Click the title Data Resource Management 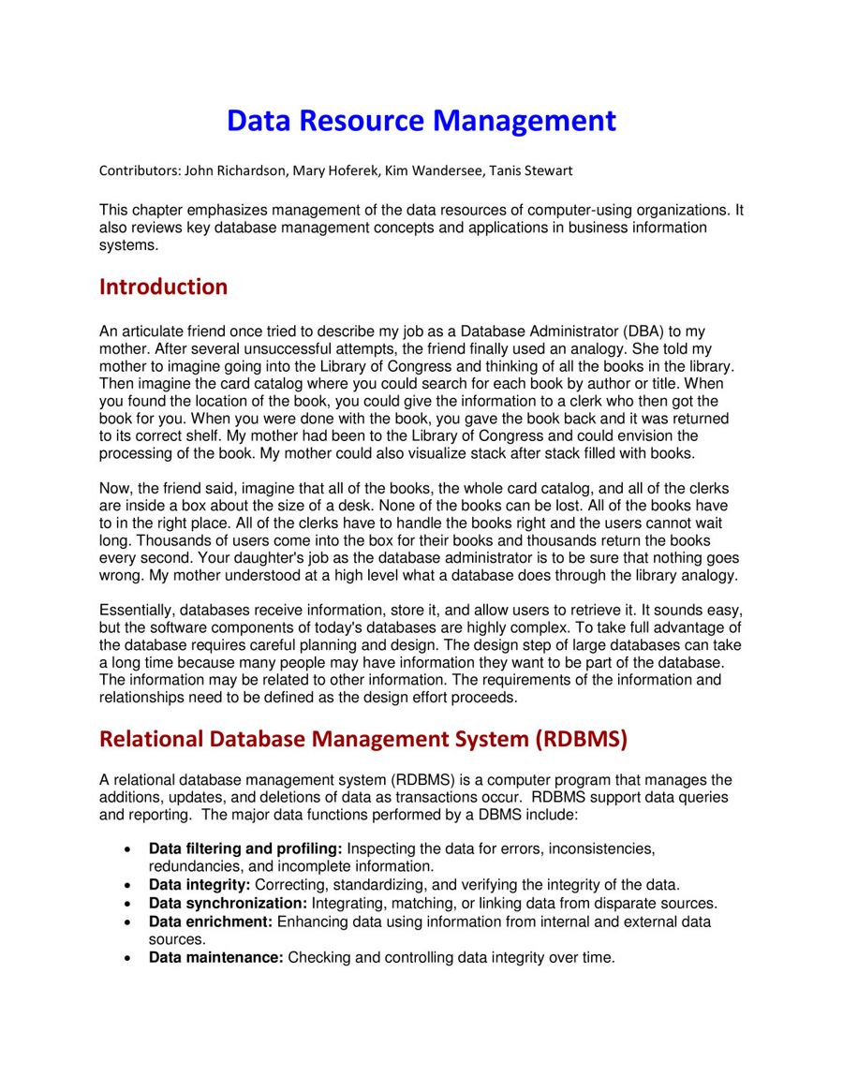coord(421,121)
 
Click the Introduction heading coord(163,287)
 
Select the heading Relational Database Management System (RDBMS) coord(362,739)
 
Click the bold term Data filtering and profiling coord(245,848)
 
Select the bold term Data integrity coord(199,885)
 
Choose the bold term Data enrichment coord(211,921)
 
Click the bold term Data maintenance coord(215,957)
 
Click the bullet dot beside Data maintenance coord(126,958)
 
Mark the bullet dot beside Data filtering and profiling coord(126,849)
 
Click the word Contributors coord(139,170)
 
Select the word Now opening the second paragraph coord(113,488)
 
